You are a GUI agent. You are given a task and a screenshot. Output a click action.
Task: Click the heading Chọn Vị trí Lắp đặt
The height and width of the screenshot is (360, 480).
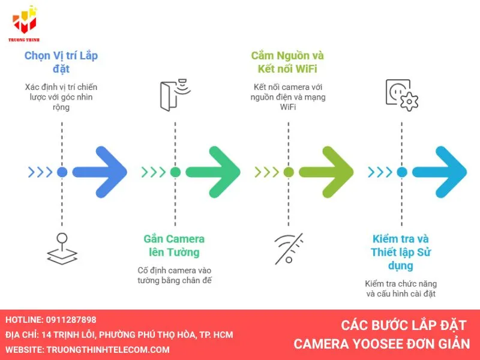pos(61,62)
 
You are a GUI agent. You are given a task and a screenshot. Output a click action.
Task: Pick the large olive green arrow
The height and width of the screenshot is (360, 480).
pos(328,172)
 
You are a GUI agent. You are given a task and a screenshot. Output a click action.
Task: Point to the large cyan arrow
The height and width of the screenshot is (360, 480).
pos(441,172)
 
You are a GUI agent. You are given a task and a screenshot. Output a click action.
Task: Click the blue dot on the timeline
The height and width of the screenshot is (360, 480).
pos(62,172)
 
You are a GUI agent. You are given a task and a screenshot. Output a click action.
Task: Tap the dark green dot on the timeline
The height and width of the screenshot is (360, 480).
pos(175,172)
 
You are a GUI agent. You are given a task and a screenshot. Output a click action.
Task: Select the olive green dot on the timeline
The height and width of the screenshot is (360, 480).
pos(289,172)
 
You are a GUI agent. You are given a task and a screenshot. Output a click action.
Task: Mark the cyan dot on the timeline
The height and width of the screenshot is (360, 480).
pos(402,172)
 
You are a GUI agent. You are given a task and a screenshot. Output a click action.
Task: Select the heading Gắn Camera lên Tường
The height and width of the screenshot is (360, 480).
pos(174,245)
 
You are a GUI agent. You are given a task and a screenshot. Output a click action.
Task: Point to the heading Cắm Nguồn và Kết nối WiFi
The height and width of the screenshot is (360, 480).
pos(287,62)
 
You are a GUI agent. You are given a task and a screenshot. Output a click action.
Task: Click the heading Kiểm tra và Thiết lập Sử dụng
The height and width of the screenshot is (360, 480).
pos(400,252)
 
